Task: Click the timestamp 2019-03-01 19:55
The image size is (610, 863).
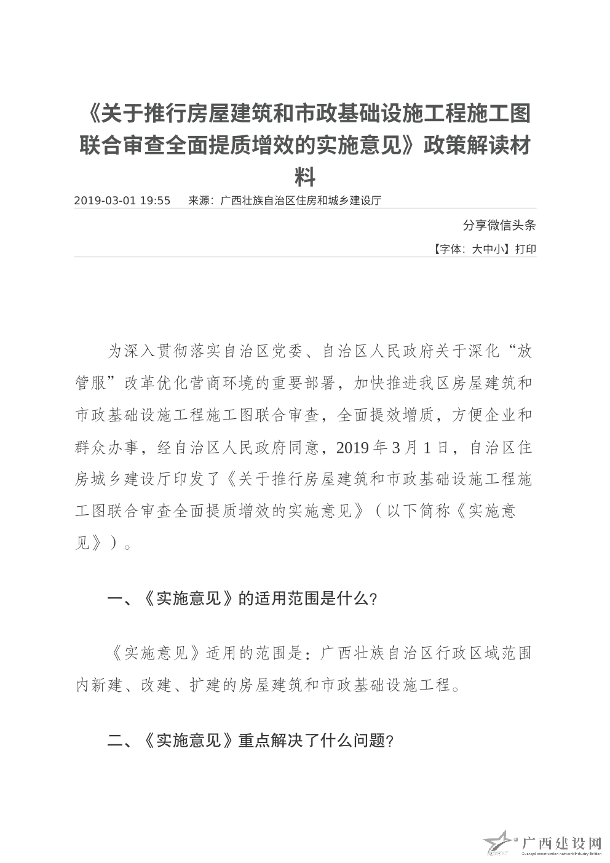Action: pos(122,201)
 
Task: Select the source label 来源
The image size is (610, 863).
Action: pos(198,201)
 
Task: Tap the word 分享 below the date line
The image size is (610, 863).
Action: pos(472,225)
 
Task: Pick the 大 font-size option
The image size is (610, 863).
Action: pos(477,249)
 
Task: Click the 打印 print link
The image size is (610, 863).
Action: pos(525,249)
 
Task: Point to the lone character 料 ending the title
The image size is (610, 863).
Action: pos(305,178)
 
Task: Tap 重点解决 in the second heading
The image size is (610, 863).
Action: pos(270,741)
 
